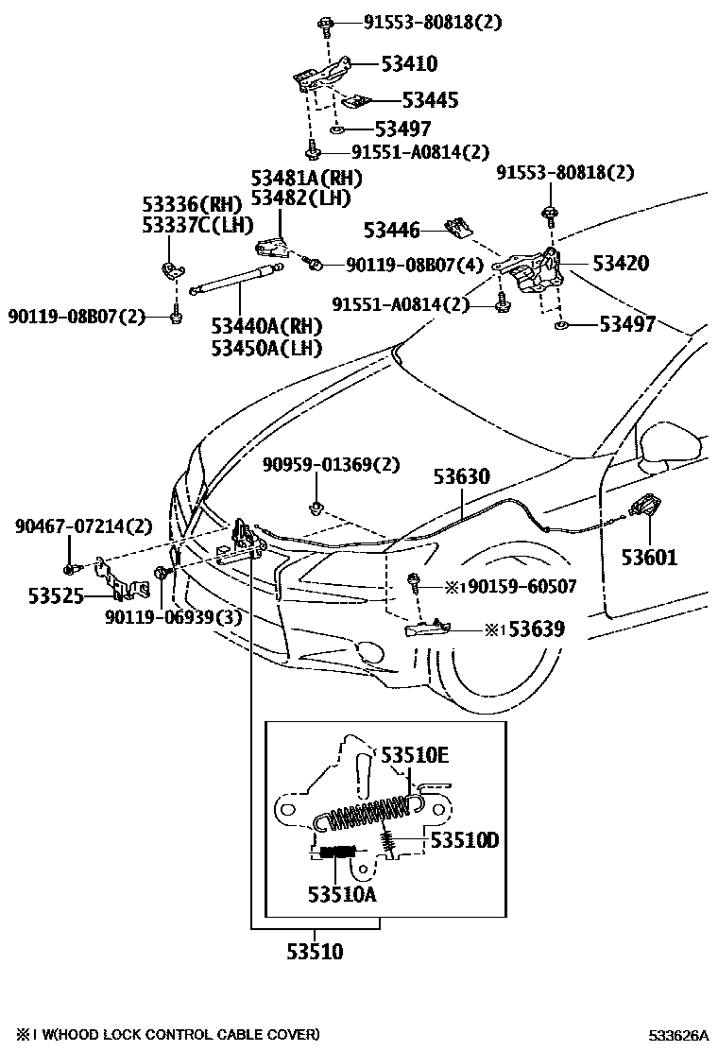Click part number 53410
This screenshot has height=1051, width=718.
(x=409, y=64)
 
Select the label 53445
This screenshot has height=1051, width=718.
(x=430, y=100)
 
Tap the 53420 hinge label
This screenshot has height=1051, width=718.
(x=621, y=264)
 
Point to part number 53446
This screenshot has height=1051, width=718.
(x=394, y=229)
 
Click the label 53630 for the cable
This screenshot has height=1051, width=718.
(x=462, y=477)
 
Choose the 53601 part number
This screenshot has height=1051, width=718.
(x=649, y=558)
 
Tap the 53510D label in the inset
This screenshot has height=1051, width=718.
(x=464, y=839)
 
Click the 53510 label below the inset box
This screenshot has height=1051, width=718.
(x=315, y=952)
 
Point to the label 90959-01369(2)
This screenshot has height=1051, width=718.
(x=331, y=465)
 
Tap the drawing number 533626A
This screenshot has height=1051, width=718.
(x=677, y=1035)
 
